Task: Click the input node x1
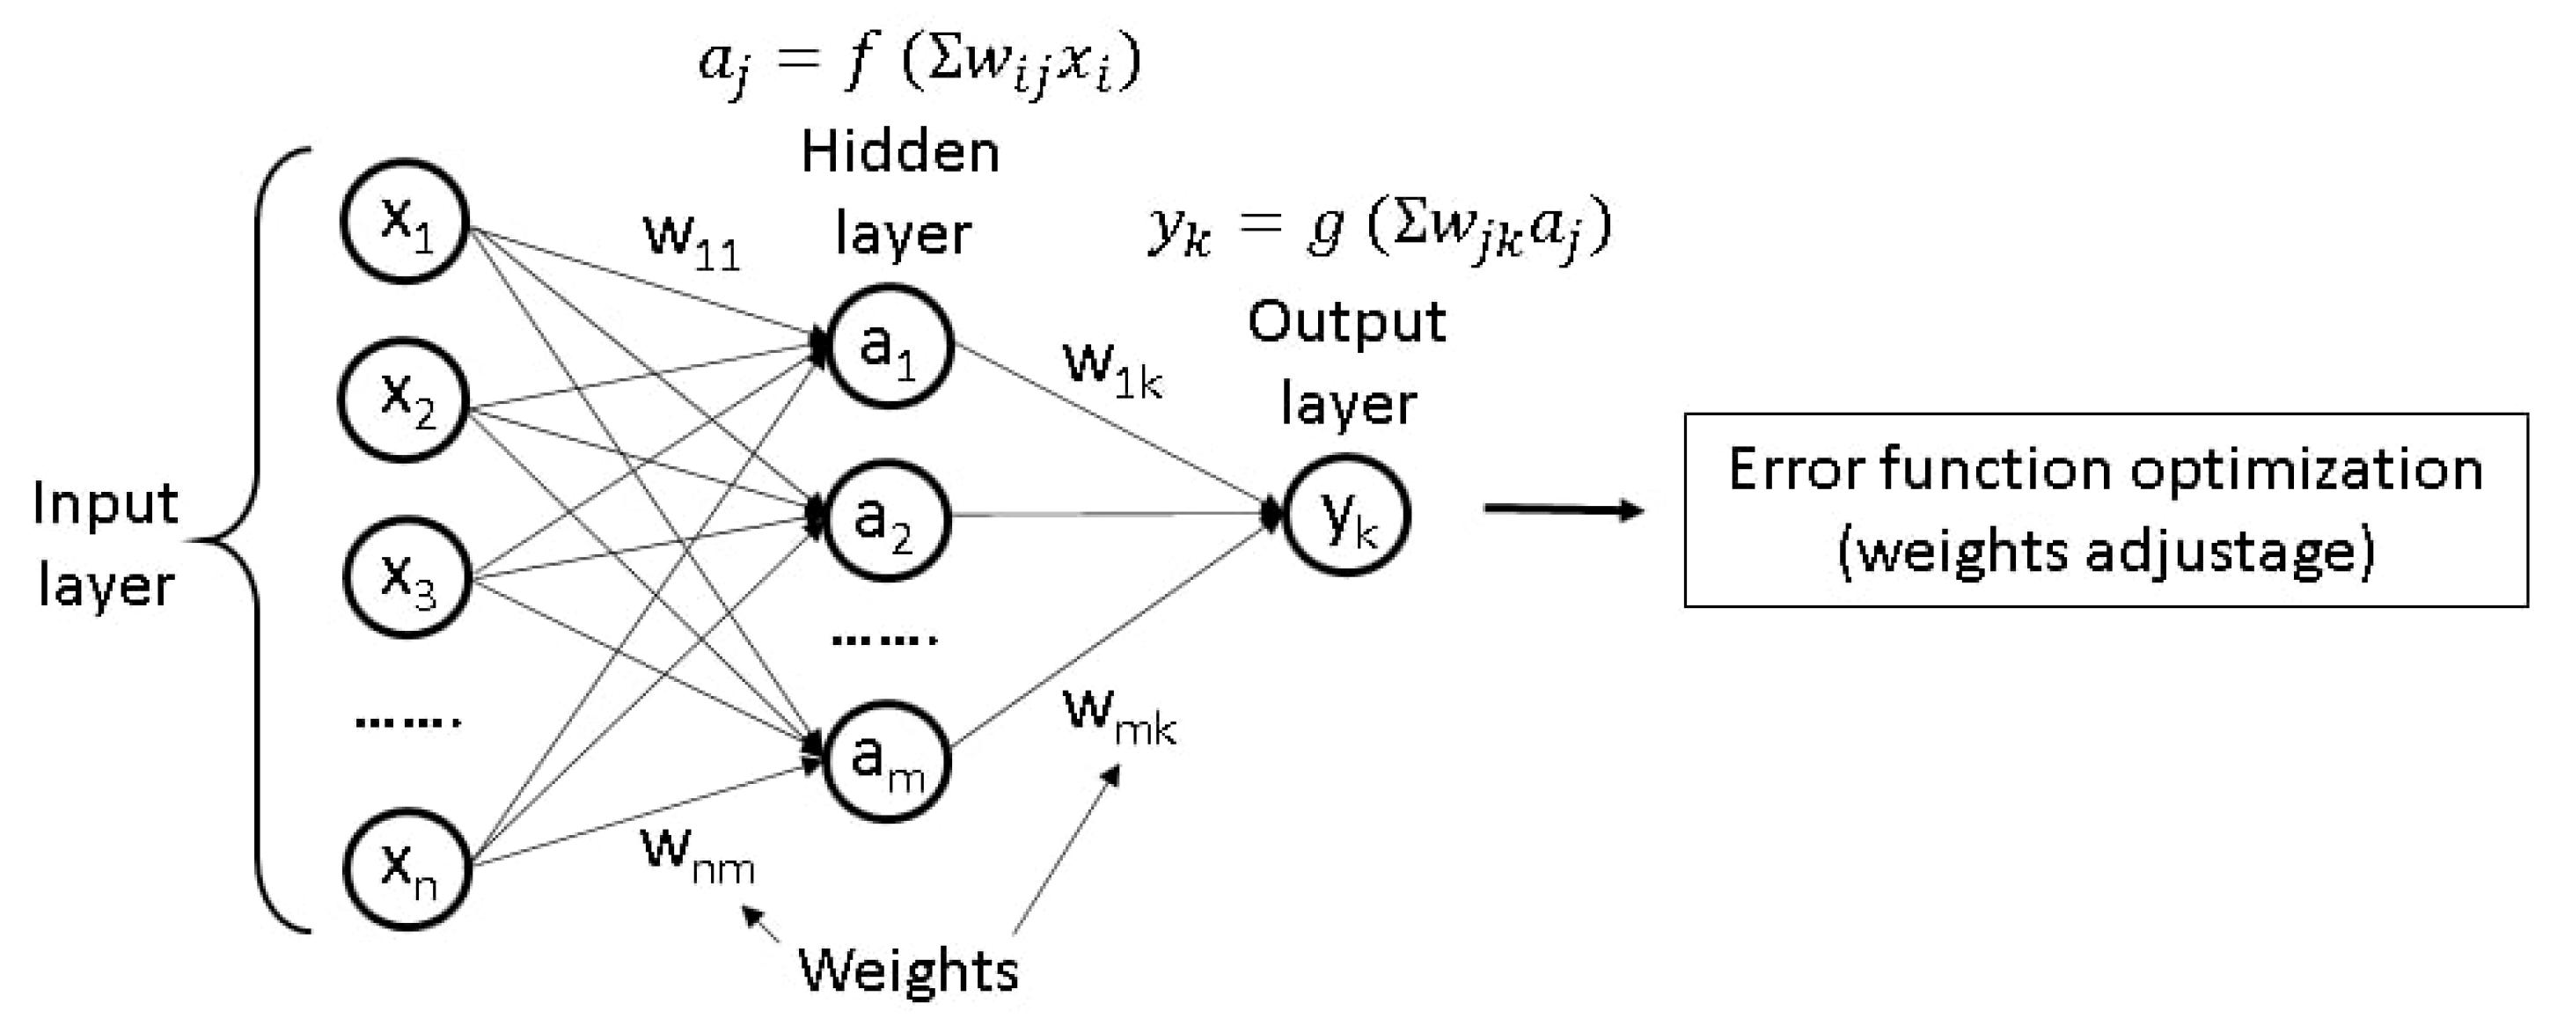pos(404,220)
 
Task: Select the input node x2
pos(404,399)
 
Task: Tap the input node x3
pos(405,577)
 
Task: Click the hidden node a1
pos(890,347)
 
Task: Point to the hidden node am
pos(888,761)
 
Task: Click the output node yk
pos(1347,515)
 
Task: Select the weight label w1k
pos(1111,370)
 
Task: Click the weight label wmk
pos(1118,716)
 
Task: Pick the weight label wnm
pos(698,854)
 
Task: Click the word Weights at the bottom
pos(908,970)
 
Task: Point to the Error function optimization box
pos(2106,510)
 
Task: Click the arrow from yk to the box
pos(1563,510)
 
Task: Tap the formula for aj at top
pos(919,62)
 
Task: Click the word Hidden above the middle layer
pos(900,153)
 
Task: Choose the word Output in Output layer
pos(1347,323)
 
